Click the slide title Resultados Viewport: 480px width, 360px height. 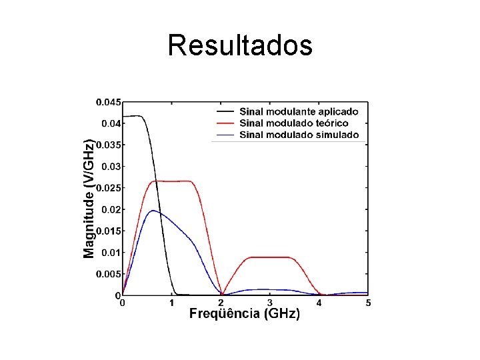(x=240, y=45)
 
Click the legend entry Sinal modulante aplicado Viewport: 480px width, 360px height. (x=299, y=112)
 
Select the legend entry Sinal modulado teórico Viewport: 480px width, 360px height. (x=293, y=123)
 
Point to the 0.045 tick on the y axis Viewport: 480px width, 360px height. (x=109, y=103)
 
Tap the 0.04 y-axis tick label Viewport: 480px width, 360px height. (x=111, y=123)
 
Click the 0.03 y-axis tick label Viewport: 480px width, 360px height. (x=111, y=167)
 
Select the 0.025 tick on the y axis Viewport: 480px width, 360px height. (x=109, y=188)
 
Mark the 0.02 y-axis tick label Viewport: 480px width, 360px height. (x=111, y=209)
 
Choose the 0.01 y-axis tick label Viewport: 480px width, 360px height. (x=111, y=252)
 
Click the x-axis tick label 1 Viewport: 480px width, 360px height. (x=171, y=303)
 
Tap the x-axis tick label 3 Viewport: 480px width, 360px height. (x=270, y=303)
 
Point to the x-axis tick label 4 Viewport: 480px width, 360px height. (x=319, y=303)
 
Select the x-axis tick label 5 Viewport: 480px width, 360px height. (x=368, y=303)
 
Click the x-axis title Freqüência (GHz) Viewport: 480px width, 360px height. (x=245, y=314)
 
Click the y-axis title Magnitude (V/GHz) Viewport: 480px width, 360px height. (x=89, y=199)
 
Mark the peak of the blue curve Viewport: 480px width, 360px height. (x=153, y=211)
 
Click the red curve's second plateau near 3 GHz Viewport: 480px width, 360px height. (x=270, y=257)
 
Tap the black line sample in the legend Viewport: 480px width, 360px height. (x=225, y=112)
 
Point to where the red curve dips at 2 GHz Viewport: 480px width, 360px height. (x=221, y=294)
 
